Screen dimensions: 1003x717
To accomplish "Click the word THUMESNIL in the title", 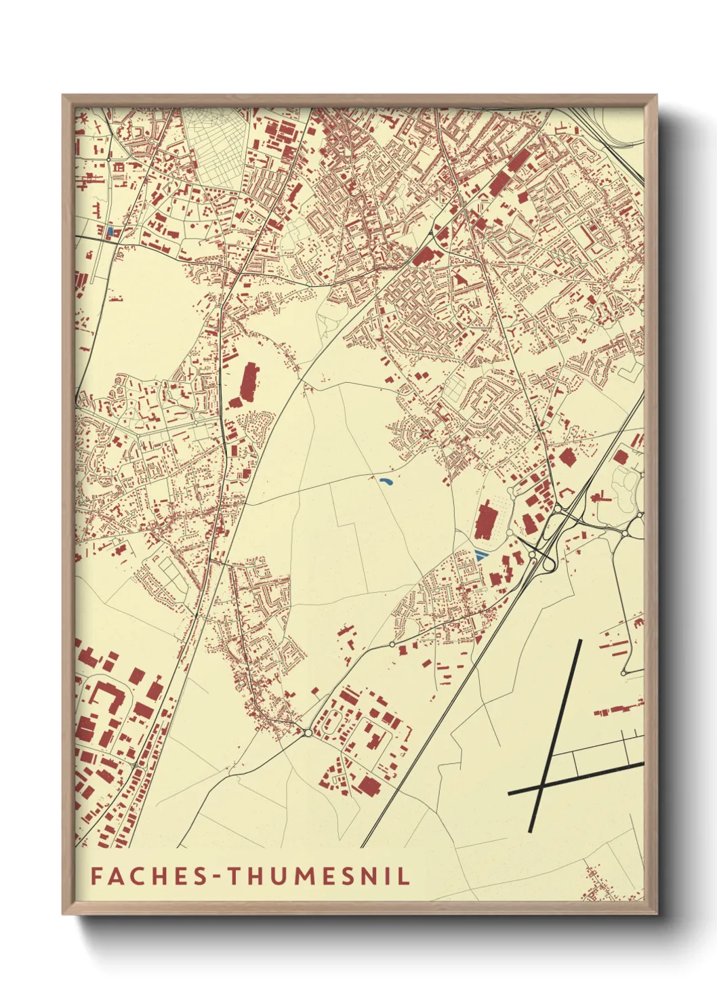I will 318,876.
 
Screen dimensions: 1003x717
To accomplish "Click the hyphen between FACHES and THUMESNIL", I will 218,876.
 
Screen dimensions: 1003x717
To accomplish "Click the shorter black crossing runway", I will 576,777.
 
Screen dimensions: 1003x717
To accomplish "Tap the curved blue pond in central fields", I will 386,483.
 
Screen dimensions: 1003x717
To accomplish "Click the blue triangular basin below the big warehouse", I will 480,555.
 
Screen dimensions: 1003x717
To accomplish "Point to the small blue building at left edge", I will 110,231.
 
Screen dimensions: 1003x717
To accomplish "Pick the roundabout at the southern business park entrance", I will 308,733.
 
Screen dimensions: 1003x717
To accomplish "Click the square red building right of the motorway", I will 567,458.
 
